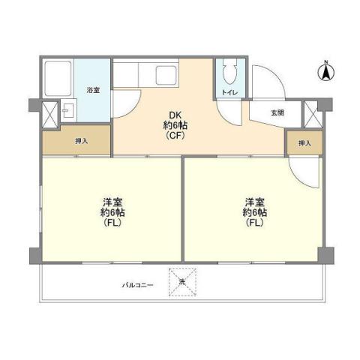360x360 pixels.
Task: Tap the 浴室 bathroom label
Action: (x=94, y=90)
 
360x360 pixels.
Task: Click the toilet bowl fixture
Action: (x=231, y=73)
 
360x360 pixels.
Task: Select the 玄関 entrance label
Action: (x=277, y=112)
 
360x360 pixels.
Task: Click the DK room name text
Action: (x=175, y=115)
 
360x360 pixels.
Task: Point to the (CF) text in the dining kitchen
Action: (x=175, y=136)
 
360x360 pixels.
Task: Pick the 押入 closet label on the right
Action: (x=304, y=142)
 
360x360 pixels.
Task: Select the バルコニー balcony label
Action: (x=139, y=285)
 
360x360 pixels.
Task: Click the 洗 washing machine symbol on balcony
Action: (x=182, y=282)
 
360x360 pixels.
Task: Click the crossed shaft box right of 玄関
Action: (x=313, y=112)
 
